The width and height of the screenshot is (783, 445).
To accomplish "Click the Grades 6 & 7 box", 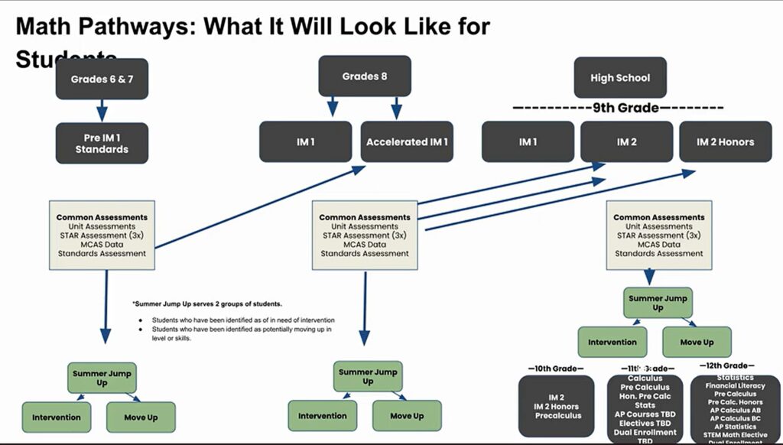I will point(102,79).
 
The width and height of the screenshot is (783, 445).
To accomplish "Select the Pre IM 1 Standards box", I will point(102,143).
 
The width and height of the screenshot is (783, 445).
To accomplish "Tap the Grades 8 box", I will point(365,76).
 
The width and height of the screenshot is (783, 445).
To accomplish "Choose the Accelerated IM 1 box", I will point(407,141).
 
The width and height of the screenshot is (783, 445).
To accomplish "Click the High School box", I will point(620,77).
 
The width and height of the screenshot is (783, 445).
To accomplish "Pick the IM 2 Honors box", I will point(725,141).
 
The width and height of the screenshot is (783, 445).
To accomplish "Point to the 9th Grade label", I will point(625,108).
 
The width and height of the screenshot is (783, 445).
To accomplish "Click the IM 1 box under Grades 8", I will point(305,141).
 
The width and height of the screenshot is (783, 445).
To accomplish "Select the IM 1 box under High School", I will point(528,141).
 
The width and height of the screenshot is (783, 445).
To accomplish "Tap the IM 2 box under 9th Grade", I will point(626,141).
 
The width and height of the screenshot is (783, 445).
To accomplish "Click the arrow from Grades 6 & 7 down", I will point(102,110).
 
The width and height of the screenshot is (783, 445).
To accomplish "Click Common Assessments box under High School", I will point(659,235).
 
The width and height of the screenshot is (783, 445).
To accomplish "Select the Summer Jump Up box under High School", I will point(658,302).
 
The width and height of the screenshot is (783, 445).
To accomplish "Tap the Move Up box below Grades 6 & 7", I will point(140,417).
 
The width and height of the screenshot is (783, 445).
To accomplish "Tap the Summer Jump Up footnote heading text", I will point(206,304).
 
